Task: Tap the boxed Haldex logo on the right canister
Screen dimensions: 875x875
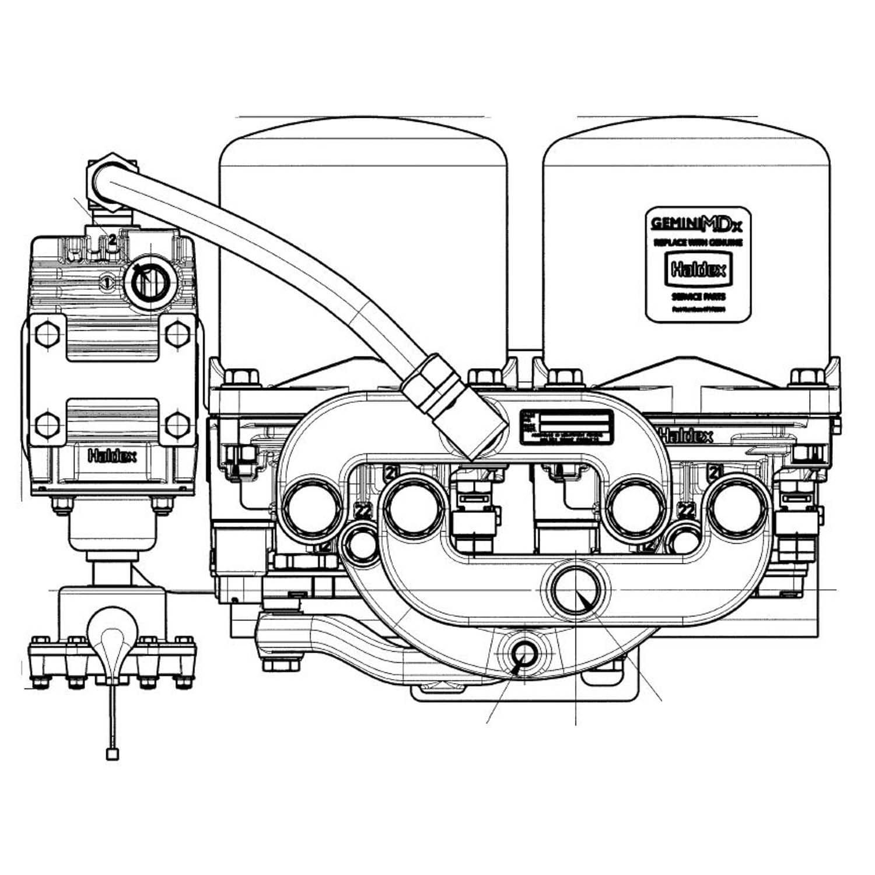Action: (698, 269)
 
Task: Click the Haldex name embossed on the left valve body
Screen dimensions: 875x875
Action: (112, 456)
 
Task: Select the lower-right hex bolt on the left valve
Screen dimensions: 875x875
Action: (177, 424)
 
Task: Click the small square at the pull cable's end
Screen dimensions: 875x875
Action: (112, 755)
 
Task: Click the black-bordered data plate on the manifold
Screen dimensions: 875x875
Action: (566, 427)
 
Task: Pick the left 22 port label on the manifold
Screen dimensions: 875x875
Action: (363, 512)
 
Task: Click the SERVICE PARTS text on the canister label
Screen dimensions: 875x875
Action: (698, 297)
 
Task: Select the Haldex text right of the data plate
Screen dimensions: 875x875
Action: (686, 436)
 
